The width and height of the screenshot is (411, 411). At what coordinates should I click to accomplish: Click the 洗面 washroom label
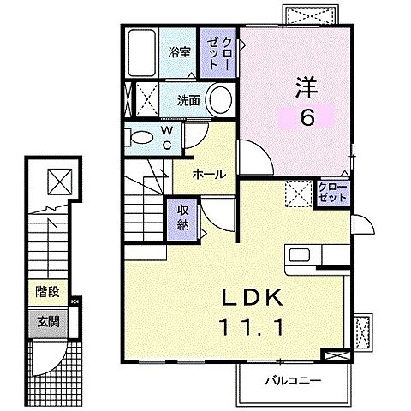[x=189, y=100]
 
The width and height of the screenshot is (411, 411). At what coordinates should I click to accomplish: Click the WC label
[x=167, y=136]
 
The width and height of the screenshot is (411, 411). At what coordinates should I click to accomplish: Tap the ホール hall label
[x=209, y=174]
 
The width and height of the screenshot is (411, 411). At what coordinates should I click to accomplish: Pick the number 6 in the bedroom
[x=306, y=117]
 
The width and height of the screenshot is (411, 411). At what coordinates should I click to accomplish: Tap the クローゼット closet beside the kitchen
[x=332, y=192]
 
